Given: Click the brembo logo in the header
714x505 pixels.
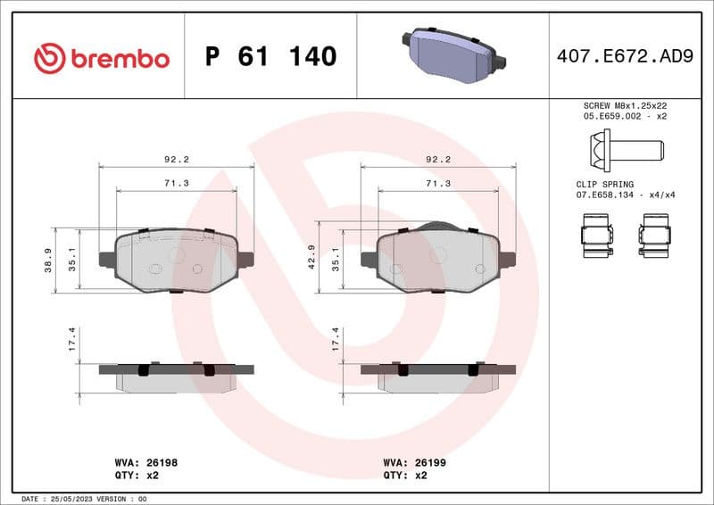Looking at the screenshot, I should click(101, 58).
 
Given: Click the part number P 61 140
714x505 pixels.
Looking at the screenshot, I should click(270, 57).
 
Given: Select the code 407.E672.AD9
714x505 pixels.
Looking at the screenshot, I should click(624, 57).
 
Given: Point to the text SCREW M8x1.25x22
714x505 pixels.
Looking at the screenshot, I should click(624, 105).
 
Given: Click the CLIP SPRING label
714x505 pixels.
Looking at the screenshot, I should click(604, 183).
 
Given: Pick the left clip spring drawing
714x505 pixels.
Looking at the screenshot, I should click(595, 235).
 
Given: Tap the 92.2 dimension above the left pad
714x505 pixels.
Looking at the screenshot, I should click(176, 159).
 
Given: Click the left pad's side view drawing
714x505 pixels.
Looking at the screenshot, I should click(176, 376).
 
